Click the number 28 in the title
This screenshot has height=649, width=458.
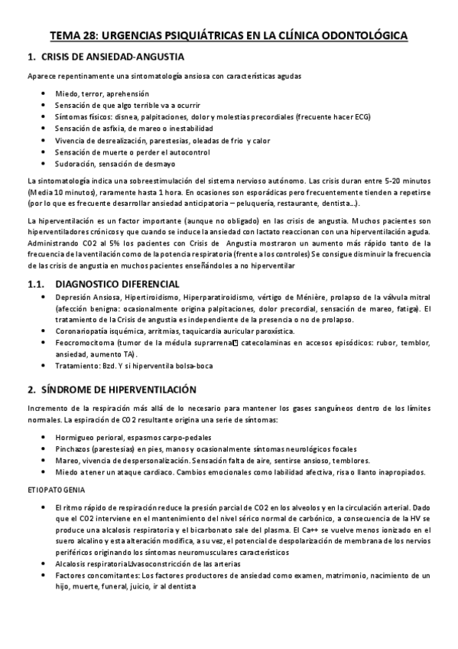(89, 35)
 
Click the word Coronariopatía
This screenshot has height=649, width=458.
(82, 331)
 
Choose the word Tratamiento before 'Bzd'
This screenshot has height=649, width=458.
(77, 367)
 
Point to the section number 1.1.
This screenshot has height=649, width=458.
(35, 282)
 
